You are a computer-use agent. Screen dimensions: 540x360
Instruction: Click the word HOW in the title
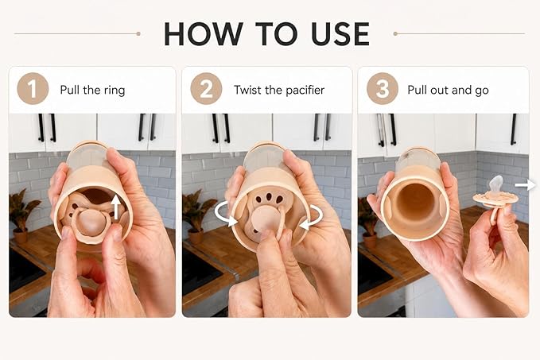pyautogui.click(x=204, y=33)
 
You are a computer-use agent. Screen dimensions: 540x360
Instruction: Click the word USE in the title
pyautogui.click(x=340, y=33)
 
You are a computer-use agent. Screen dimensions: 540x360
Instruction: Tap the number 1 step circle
pyautogui.click(x=33, y=89)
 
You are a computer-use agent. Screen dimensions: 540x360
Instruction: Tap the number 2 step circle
pyautogui.click(x=206, y=89)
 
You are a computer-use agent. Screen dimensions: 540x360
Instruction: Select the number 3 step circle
pyautogui.click(x=383, y=89)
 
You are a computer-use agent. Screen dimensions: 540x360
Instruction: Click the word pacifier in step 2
pyautogui.click(x=305, y=91)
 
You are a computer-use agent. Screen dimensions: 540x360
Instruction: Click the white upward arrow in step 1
pyautogui.click(x=117, y=207)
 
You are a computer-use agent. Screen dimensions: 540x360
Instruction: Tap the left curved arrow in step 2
pyautogui.click(x=224, y=214)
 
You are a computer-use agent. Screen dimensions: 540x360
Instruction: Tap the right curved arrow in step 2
pyautogui.click(x=311, y=217)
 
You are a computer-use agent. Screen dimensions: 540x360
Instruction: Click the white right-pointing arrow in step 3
pyautogui.click(x=525, y=185)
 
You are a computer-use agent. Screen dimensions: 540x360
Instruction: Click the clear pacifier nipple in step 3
pyautogui.click(x=496, y=185)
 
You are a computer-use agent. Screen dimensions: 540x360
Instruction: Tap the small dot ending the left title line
pyautogui.click(x=138, y=33)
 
